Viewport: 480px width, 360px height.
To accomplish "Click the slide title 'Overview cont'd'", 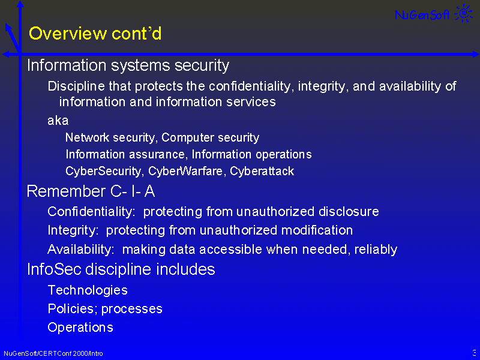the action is [x=95, y=34].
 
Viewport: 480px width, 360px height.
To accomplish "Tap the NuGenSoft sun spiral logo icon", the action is [x=464, y=13].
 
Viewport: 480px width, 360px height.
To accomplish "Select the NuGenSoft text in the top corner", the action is [x=422, y=14].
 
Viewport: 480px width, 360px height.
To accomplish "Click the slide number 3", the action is [x=474, y=352].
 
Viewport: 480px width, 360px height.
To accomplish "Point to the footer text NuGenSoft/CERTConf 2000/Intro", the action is [x=53, y=353].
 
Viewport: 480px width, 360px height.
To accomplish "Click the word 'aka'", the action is [x=58, y=121].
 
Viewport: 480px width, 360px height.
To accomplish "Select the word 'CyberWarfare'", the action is [x=185, y=171].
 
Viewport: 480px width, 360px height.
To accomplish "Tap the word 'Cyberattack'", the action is [x=262, y=171].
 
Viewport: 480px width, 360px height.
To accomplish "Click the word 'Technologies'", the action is [x=88, y=290].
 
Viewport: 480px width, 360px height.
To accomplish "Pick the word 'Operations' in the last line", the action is [x=80, y=328].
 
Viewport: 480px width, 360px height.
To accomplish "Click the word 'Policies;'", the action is [x=73, y=308].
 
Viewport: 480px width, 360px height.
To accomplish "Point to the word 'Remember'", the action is [x=66, y=191].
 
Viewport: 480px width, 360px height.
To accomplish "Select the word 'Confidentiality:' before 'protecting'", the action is [x=91, y=212].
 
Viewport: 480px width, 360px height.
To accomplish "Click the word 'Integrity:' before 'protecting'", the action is [x=73, y=230].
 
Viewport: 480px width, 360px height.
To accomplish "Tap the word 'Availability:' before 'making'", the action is [x=81, y=250].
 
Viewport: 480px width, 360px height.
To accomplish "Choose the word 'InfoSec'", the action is [x=54, y=269].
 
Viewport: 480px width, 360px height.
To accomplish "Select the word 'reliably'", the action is [x=376, y=250].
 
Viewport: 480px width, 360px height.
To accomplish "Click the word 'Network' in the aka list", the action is [x=87, y=137].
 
